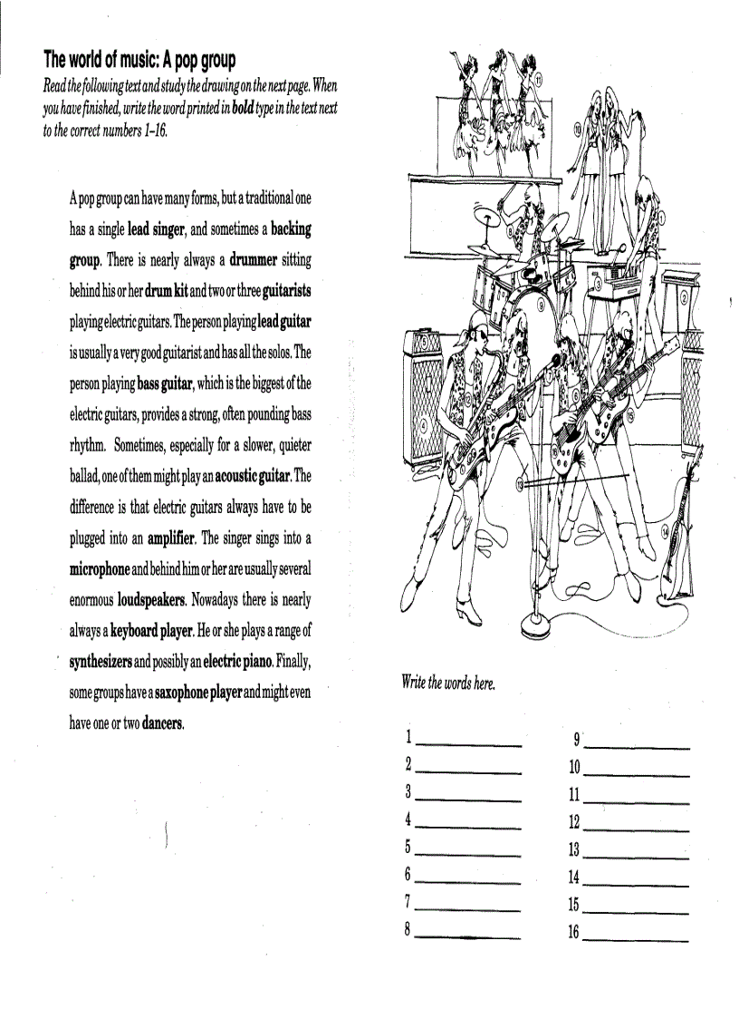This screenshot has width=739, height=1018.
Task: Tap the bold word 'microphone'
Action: (100, 569)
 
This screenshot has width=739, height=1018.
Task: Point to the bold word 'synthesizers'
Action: (101, 662)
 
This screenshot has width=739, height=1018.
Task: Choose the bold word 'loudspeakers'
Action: (151, 600)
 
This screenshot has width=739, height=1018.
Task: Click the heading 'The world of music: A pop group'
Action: (139, 60)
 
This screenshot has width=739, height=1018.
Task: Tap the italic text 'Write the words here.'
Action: (448, 684)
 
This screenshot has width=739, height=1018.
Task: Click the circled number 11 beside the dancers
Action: (539, 81)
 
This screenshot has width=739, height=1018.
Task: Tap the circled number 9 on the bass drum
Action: (541, 305)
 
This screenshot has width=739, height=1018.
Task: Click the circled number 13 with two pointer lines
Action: (520, 485)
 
